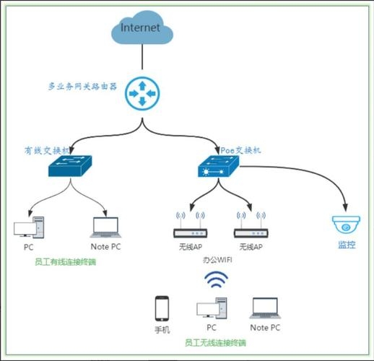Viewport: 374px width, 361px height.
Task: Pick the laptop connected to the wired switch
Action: pyautogui.click(x=105, y=228)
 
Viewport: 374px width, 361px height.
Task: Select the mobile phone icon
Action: pyautogui.click(x=162, y=308)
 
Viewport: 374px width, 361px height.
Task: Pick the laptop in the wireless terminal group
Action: pyautogui.click(x=265, y=308)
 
